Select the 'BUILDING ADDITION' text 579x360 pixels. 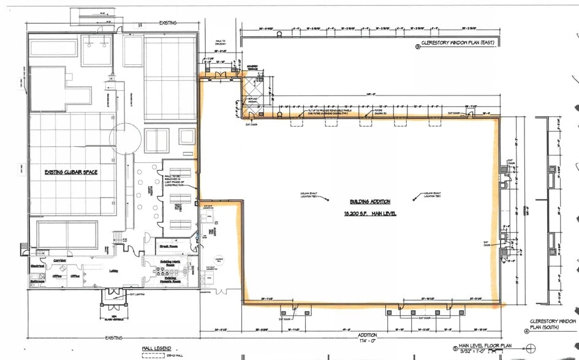point(370,201)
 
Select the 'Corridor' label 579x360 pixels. point(59,260)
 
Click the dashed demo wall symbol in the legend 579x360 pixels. point(149,354)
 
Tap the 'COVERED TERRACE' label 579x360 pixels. point(252,68)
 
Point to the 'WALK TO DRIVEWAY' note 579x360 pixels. point(220,42)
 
